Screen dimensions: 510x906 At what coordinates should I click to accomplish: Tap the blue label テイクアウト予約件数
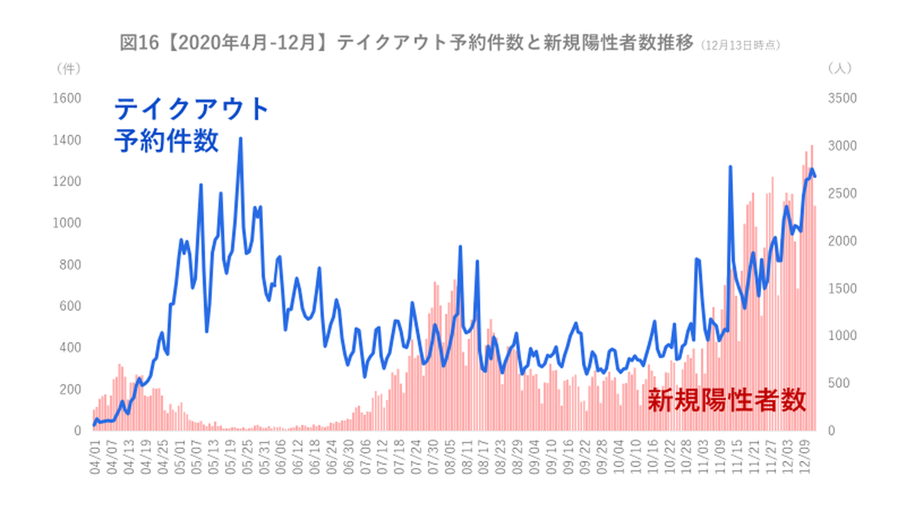pos(191,125)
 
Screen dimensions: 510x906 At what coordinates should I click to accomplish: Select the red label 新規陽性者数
pos(727,400)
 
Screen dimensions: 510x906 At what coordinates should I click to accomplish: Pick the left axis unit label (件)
pos(69,68)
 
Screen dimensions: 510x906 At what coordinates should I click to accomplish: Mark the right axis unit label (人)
pos(840,68)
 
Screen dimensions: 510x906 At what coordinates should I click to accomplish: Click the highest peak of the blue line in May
pos(240,139)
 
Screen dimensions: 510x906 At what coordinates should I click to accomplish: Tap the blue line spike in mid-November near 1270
pos(730,167)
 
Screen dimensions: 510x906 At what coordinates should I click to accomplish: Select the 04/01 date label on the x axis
pos(96,458)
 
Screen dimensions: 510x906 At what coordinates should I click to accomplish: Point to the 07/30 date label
pos(433,458)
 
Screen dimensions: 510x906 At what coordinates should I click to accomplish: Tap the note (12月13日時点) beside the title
pos(740,45)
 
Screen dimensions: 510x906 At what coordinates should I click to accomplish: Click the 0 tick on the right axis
pos(831,431)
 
